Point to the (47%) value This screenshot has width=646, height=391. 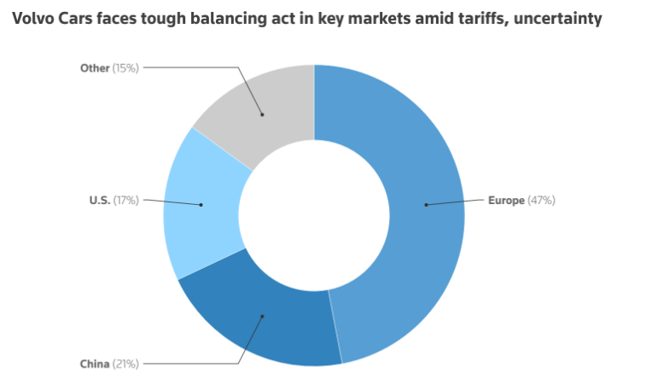coord(542,201)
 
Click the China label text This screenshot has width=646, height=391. coord(95,363)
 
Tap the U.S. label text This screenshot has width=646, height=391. coord(100,201)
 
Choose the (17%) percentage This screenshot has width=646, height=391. coord(126,201)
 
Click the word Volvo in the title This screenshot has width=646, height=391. coord(34,19)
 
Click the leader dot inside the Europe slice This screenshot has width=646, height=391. coord(426,205)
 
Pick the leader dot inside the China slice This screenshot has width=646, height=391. coord(263,316)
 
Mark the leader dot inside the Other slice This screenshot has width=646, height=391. coord(262,114)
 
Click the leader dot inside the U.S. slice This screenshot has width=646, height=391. coord(201,205)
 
